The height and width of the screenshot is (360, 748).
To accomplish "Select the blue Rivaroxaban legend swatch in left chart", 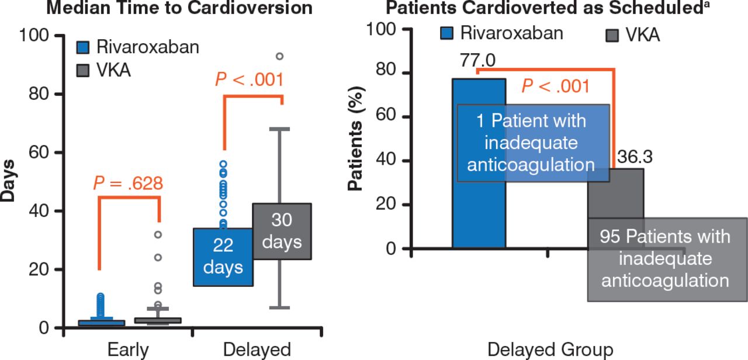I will [84, 47].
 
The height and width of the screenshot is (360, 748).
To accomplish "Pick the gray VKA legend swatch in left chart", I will [84, 71].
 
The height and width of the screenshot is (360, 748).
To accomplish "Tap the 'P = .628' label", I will [128, 184].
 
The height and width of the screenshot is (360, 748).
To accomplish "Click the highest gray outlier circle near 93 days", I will [279, 57].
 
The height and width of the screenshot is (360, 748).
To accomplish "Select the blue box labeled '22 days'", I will [223, 257].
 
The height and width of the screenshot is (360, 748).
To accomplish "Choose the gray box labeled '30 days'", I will [282, 231].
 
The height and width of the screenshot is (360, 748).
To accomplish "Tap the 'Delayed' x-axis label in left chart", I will [257, 349].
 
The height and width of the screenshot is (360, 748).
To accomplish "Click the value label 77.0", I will [478, 61].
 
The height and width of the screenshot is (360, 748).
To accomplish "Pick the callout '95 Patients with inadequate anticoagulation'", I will [666, 258].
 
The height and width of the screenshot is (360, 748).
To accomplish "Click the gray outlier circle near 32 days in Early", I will [157, 234].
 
